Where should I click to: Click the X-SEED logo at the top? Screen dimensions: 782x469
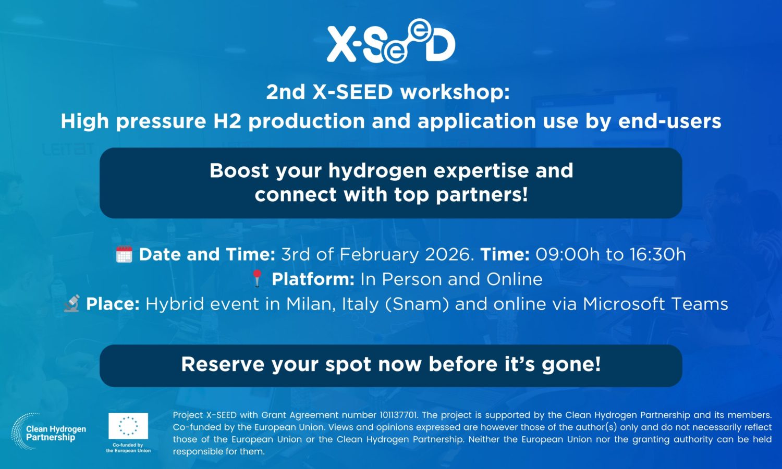(391, 41)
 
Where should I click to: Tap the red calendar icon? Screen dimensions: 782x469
(124, 254)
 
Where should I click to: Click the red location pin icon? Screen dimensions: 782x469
(258, 278)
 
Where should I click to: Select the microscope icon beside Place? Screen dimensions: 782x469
(72, 303)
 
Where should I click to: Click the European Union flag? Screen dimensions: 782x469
(128, 426)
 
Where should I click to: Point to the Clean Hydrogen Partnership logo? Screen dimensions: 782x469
(49, 431)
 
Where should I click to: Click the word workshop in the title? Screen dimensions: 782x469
(455, 92)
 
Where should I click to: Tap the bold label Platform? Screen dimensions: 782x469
(313, 279)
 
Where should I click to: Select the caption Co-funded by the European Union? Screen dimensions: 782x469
(128, 448)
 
